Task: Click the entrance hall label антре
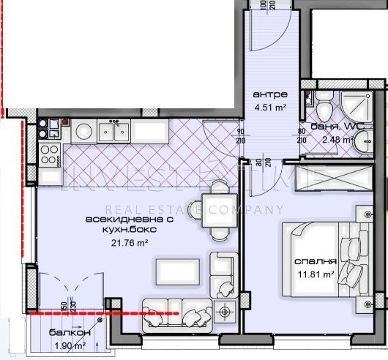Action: click(264, 95)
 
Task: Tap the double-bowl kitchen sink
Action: click(114, 132)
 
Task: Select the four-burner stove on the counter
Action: click(50, 154)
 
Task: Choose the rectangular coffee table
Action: click(174, 271)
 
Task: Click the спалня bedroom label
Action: click(315, 261)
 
